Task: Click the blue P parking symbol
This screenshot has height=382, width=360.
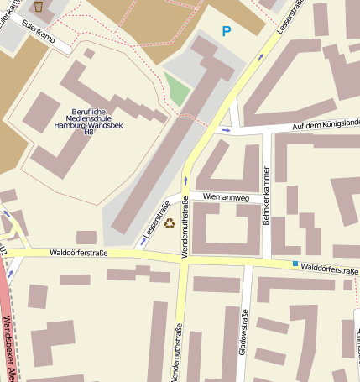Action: coord(225,32)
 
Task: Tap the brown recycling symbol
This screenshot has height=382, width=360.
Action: coord(170,223)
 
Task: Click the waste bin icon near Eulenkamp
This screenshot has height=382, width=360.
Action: coord(39,6)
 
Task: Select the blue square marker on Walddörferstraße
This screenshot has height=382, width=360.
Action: coord(295,264)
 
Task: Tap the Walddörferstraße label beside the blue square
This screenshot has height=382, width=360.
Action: coord(329,269)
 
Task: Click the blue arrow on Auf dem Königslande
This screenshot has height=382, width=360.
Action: coord(225,131)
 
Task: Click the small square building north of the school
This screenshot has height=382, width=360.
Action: coord(88,54)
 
